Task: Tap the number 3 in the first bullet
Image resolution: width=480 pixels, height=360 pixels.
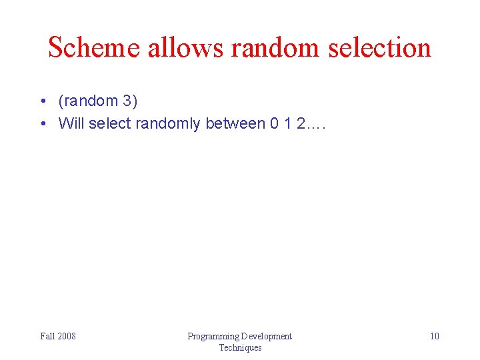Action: pyautogui.click(x=127, y=101)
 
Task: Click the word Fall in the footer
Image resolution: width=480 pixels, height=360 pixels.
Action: pyautogui.click(x=47, y=336)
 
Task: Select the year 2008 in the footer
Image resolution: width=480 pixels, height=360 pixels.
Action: pyautogui.click(x=67, y=336)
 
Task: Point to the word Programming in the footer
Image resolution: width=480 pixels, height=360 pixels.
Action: pyautogui.click(x=213, y=336)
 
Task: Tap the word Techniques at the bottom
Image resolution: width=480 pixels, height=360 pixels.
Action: pyautogui.click(x=240, y=347)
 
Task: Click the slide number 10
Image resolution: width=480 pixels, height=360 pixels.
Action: pyautogui.click(x=434, y=336)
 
